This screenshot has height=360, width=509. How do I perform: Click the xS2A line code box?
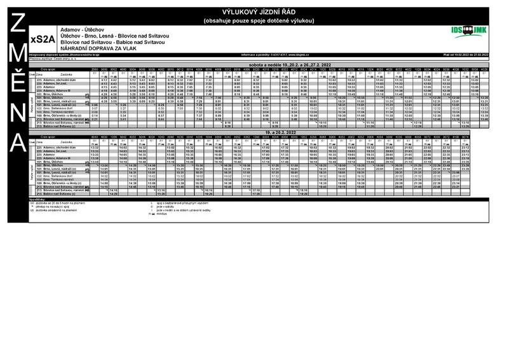coord(38,39)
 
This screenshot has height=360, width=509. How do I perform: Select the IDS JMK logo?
coord(469,30)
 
